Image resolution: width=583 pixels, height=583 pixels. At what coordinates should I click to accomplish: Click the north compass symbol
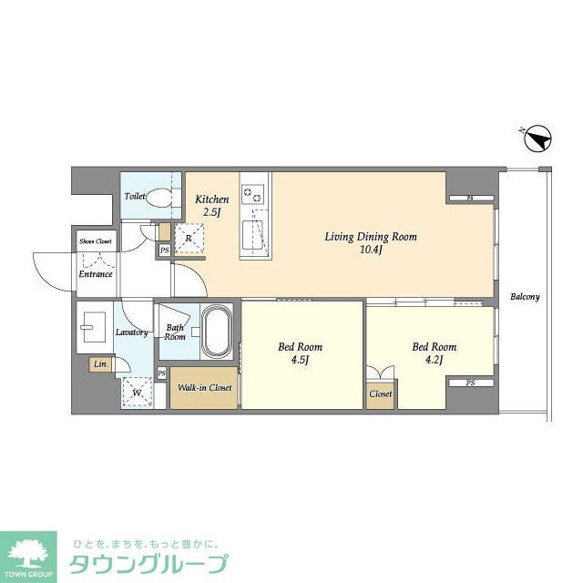click(538, 138)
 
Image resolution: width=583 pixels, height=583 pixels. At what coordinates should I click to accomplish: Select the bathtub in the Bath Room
click(217, 331)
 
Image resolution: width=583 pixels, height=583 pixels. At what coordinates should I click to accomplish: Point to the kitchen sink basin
click(253, 235)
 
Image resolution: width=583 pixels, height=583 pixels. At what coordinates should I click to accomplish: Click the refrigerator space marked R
click(189, 239)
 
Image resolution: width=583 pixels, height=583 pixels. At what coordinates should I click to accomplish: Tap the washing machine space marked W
click(138, 393)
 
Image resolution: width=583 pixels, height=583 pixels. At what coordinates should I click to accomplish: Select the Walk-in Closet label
click(204, 387)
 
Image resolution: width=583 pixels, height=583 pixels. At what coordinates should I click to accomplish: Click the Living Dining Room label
click(371, 237)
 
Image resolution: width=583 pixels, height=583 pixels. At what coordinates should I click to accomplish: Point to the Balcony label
click(525, 297)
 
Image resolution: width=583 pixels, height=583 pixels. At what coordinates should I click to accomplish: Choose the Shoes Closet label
click(96, 241)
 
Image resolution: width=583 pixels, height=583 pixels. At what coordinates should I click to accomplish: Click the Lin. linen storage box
click(100, 364)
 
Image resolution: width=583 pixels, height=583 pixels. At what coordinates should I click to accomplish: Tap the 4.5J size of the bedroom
click(301, 360)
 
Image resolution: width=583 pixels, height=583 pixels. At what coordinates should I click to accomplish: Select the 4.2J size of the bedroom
click(435, 360)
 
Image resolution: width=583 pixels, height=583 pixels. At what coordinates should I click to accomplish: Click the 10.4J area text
click(371, 250)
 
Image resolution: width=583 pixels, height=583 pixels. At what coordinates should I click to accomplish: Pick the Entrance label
click(96, 274)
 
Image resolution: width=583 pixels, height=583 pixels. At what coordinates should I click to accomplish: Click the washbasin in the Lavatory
click(93, 327)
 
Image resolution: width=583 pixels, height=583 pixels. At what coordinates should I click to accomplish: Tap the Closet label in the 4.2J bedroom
click(381, 394)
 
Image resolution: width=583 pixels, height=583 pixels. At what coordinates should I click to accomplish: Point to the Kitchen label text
click(212, 199)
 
